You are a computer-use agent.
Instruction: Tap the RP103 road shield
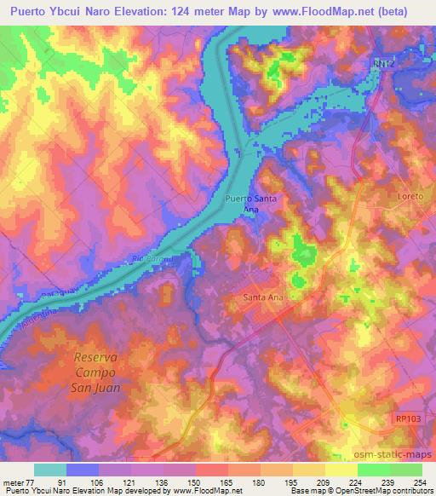coord(407,418)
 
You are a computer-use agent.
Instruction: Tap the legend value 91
coord(82,482)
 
